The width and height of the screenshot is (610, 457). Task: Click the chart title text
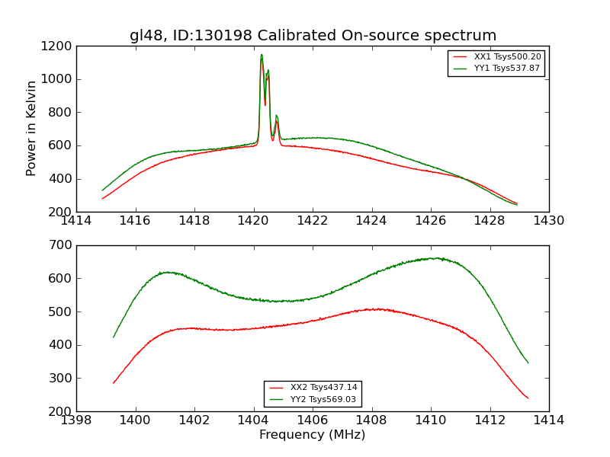pos(313,36)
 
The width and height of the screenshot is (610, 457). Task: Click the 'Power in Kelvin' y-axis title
pos(31,128)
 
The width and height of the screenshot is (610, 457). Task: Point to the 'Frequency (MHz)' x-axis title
pos(313,435)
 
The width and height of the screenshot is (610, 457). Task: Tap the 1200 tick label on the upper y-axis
pos(58,46)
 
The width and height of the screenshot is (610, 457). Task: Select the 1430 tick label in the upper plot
pos(548,221)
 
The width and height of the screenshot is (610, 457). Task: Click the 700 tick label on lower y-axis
pos(63,245)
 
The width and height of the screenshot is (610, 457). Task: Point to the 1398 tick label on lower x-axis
pos(76,420)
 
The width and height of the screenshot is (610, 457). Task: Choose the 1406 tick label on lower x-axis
pos(313,420)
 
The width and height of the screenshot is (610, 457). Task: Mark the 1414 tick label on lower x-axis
pos(548,420)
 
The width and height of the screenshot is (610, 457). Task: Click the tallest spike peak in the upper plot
pos(262,55)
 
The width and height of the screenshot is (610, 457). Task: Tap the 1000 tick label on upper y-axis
pos(58,79)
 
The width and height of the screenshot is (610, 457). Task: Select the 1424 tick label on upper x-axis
pos(371,221)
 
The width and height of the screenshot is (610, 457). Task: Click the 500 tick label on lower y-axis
pos(63,312)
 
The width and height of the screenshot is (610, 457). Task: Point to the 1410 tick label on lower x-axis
pos(430,420)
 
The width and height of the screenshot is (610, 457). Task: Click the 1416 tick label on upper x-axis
pos(136,221)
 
